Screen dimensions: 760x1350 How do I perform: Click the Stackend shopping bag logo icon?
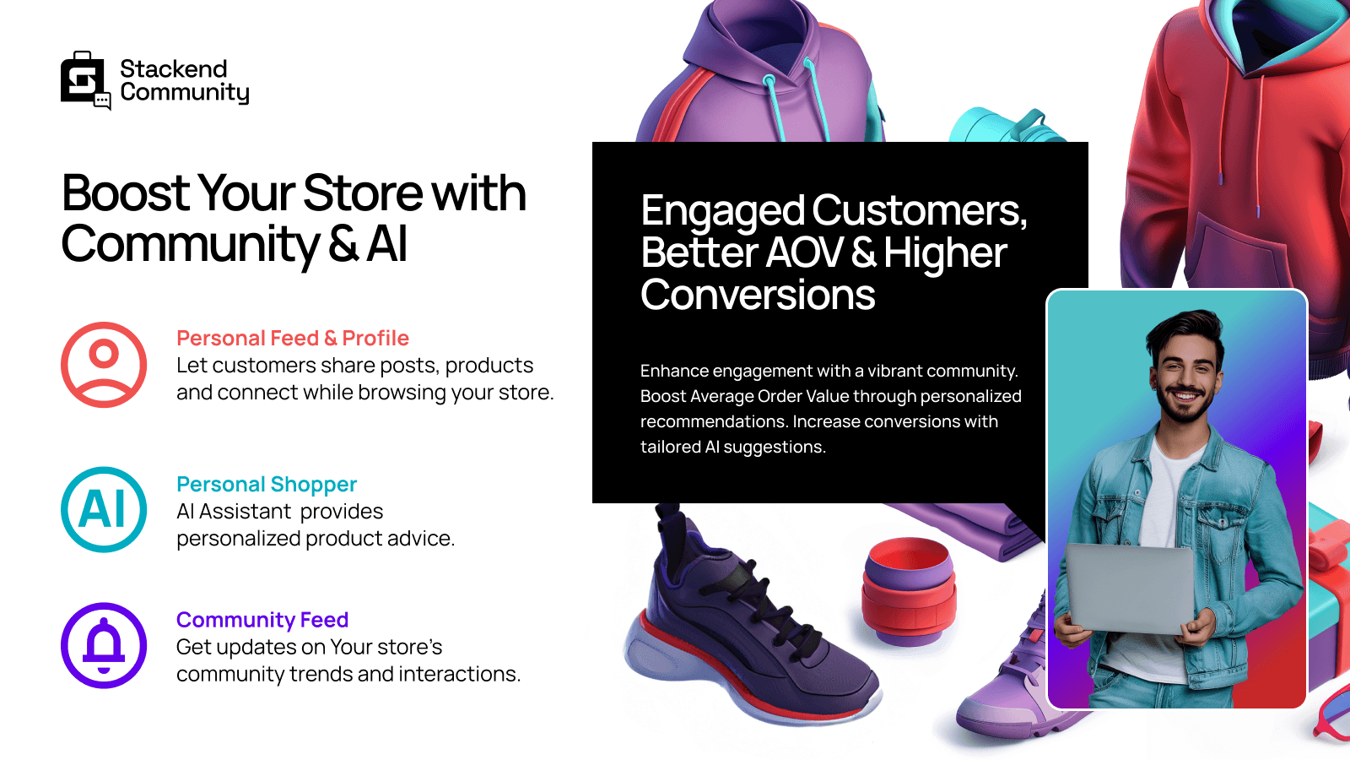click(84, 80)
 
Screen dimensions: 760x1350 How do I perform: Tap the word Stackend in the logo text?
click(173, 69)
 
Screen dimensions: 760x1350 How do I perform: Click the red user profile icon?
click(104, 365)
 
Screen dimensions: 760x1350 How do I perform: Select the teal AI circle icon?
click(104, 509)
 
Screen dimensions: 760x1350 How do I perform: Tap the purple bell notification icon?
click(104, 645)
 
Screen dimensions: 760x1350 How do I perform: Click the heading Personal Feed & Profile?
click(292, 339)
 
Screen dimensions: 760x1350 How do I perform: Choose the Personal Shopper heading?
click(266, 485)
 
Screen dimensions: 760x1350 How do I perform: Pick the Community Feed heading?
click(262, 620)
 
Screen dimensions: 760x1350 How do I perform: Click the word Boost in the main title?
click(125, 193)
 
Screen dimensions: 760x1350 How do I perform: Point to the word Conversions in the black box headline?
click(757, 296)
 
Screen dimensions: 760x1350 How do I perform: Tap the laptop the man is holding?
click(1131, 587)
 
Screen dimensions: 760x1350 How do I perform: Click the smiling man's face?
click(1186, 372)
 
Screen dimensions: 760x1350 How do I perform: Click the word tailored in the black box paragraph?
click(670, 447)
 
